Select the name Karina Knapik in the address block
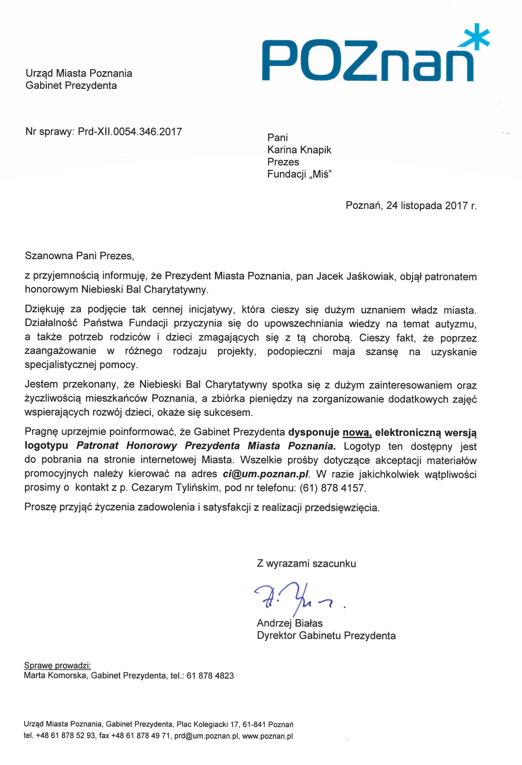coord(299,150)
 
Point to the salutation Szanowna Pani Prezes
coord(79,256)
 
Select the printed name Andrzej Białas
coord(289,623)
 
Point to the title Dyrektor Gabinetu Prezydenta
coord(326,636)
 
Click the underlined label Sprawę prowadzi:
coord(57,666)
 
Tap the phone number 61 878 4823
coord(210,676)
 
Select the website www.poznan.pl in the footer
coord(267,736)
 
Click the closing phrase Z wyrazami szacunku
coord(306,564)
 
